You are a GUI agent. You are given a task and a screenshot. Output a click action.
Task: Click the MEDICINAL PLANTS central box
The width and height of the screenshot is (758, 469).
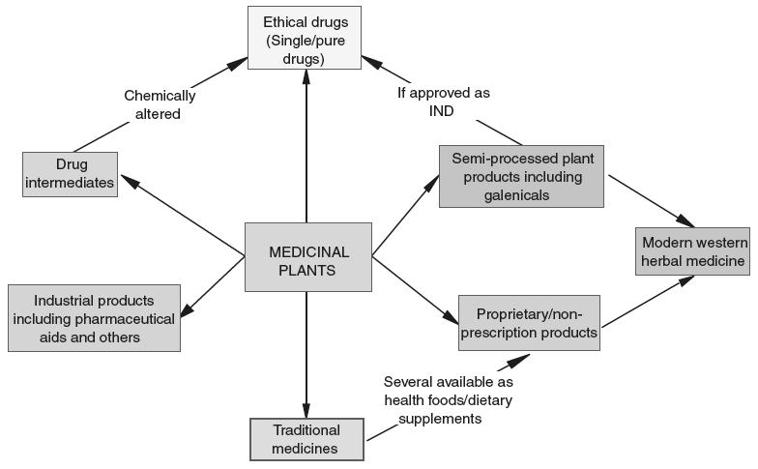point(307,257)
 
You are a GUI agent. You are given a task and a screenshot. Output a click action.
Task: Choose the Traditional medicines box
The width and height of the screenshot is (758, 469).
point(306,439)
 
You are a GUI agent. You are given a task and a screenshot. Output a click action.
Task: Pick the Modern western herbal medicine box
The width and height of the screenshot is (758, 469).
point(693,251)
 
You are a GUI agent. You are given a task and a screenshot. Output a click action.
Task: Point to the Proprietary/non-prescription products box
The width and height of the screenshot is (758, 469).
point(527,323)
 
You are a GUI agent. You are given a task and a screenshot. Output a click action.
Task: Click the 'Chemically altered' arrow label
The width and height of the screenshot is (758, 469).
point(160,104)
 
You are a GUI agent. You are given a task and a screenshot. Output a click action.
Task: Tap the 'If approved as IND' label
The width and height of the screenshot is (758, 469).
point(444,103)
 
